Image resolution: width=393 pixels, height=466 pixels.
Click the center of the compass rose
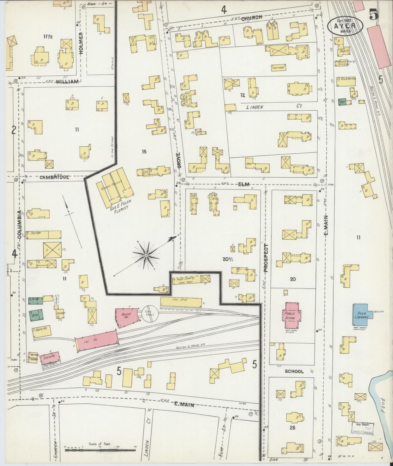pyautogui.click(x=146, y=256)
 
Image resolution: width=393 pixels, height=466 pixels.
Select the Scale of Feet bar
pyautogui.click(x=100, y=450)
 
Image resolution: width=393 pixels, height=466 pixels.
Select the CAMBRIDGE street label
pyautogui.click(x=54, y=177)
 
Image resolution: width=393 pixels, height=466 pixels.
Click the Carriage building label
pyautogui.click(x=278, y=67)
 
